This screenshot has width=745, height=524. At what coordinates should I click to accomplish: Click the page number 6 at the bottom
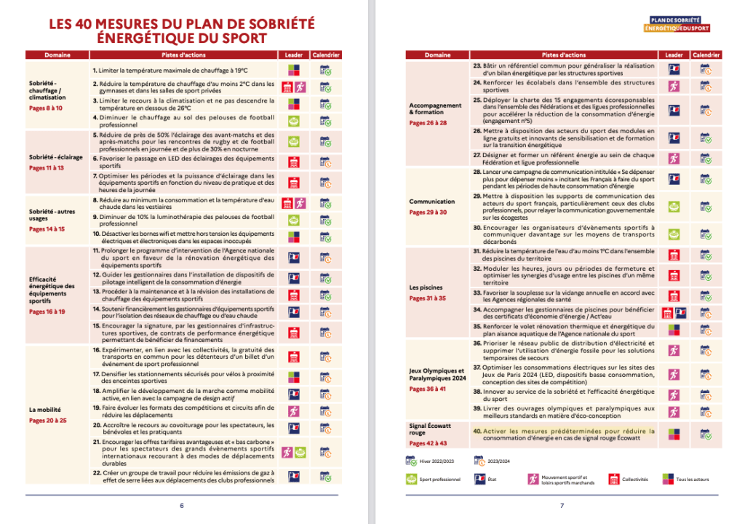click(x=182, y=507)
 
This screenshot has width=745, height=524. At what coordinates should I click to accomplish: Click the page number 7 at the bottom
click(x=562, y=507)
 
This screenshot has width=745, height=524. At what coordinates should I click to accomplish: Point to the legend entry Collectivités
click(x=631, y=479)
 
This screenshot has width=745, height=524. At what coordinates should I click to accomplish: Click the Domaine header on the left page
click(x=57, y=55)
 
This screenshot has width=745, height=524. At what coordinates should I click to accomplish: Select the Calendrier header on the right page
click(x=706, y=55)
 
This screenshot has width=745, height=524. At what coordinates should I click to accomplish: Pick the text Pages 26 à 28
click(x=428, y=123)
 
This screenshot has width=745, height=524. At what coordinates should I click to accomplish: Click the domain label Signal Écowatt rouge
click(x=431, y=429)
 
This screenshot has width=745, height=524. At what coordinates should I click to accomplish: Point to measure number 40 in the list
click(x=477, y=431)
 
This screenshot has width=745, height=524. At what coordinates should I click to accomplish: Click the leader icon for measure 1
click(x=294, y=71)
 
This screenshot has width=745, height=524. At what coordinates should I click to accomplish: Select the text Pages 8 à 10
click(x=46, y=108)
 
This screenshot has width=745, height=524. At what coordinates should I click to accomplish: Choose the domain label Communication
click(x=431, y=202)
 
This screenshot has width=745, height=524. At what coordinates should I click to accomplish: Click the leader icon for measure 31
click(x=674, y=255)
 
